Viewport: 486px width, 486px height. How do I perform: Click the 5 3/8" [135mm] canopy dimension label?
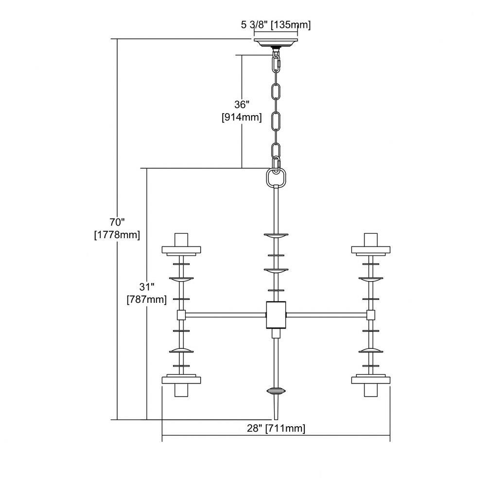pyautogui.click(x=276, y=25)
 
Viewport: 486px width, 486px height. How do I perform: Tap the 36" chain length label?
pyautogui.click(x=242, y=104)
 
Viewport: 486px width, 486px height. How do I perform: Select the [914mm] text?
pyautogui.click(x=242, y=118)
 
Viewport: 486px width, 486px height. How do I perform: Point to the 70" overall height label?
pyautogui.click(x=117, y=222)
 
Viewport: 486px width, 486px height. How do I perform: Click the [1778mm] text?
pyautogui.click(x=117, y=235)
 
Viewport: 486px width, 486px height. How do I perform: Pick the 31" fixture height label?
pyautogui.click(x=147, y=287)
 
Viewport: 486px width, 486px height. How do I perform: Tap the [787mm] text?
pyautogui.click(x=147, y=300)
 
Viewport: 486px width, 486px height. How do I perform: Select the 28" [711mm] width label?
pyautogui.click(x=276, y=428)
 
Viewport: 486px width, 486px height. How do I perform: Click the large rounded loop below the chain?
pyautogui.click(x=276, y=177)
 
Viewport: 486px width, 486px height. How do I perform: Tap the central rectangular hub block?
pyautogui.click(x=276, y=315)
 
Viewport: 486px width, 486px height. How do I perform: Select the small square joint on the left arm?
pyautogui.click(x=181, y=315)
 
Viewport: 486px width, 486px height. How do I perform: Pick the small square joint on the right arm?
pyautogui.click(x=370, y=315)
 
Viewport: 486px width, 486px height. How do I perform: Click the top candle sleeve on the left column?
pyautogui.click(x=181, y=239)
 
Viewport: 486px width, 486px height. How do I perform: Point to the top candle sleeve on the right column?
pyautogui.click(x=371, y=239)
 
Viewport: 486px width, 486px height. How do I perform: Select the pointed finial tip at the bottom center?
pyautogui.click(x=276, y=419)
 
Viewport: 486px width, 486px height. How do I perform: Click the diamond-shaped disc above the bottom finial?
pyautogui.click(x=276, y=391)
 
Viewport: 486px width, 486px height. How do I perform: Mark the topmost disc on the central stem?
pyautogui.click(x=276, y=236)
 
